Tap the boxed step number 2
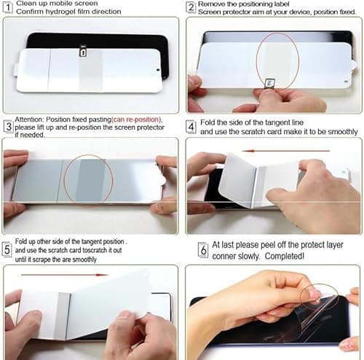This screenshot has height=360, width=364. coord(191,8)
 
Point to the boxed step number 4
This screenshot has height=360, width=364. coord(191,127)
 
